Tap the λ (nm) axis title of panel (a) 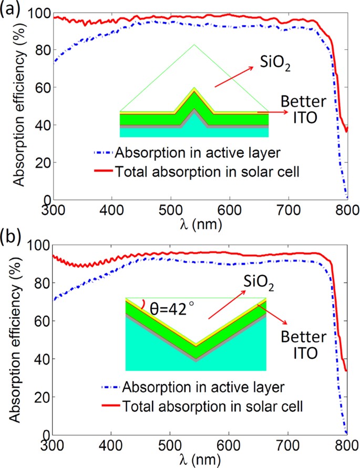(x=200, y=223)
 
